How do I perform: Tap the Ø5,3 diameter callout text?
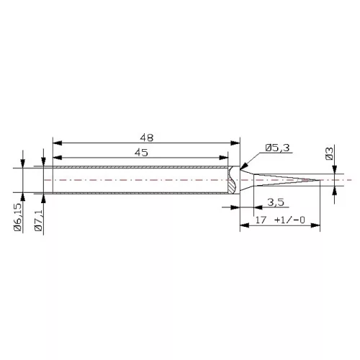tap(277, 148)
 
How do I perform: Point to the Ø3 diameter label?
tap(329, 153)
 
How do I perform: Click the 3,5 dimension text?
tap(274, 201)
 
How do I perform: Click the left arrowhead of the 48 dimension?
tap(58, 142)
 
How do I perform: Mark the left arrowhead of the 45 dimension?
tap(58, 158)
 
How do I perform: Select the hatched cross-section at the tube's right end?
tap(231, 180)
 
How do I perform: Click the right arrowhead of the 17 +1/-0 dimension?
tap(315, 225)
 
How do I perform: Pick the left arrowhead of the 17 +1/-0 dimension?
tap(242, 225)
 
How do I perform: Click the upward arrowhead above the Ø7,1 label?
tap(45, 199)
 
